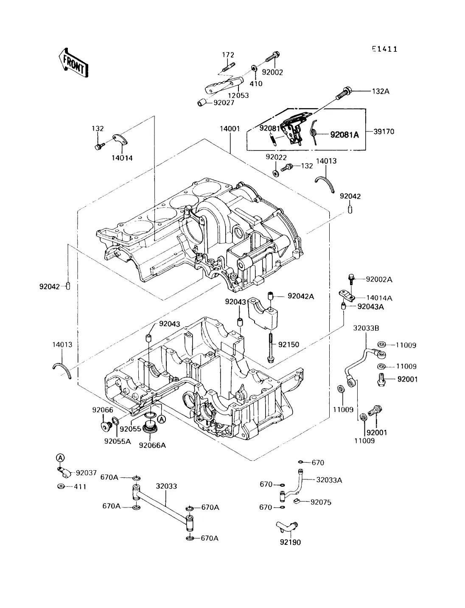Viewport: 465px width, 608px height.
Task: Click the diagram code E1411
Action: click(384, 49)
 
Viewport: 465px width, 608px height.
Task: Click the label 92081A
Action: click(345, 135)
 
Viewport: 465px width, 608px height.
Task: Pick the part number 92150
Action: click(289, 345)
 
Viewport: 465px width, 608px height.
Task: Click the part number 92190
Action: click(290, 542)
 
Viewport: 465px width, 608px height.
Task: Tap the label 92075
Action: click(321, 502)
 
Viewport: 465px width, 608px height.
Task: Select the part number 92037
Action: click(86, 473)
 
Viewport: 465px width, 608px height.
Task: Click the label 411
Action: click(80, 487)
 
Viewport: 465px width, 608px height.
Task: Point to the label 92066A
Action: click(152, 445)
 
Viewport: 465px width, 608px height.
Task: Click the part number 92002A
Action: click(379, 279)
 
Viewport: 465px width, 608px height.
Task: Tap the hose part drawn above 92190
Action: click(287, 526)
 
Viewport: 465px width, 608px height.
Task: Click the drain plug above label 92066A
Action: click(151, 426)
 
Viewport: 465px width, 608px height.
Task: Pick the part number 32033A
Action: click(329, 480)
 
